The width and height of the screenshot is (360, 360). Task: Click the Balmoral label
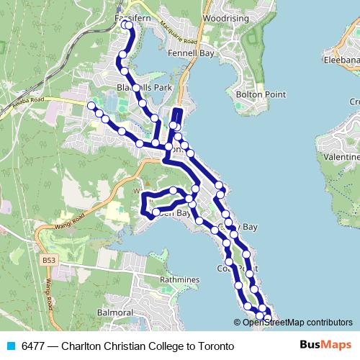pos(115,313)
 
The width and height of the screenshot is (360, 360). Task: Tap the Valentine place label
pos(342,156)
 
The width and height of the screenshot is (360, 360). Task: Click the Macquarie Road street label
pos(174,30)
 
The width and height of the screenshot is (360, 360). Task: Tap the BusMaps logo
pos(322,346)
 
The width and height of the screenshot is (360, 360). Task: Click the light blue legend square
pos(10,346)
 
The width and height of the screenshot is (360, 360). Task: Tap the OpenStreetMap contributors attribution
pos(297,323)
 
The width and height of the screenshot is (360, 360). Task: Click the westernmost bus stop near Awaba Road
pos(91,107)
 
